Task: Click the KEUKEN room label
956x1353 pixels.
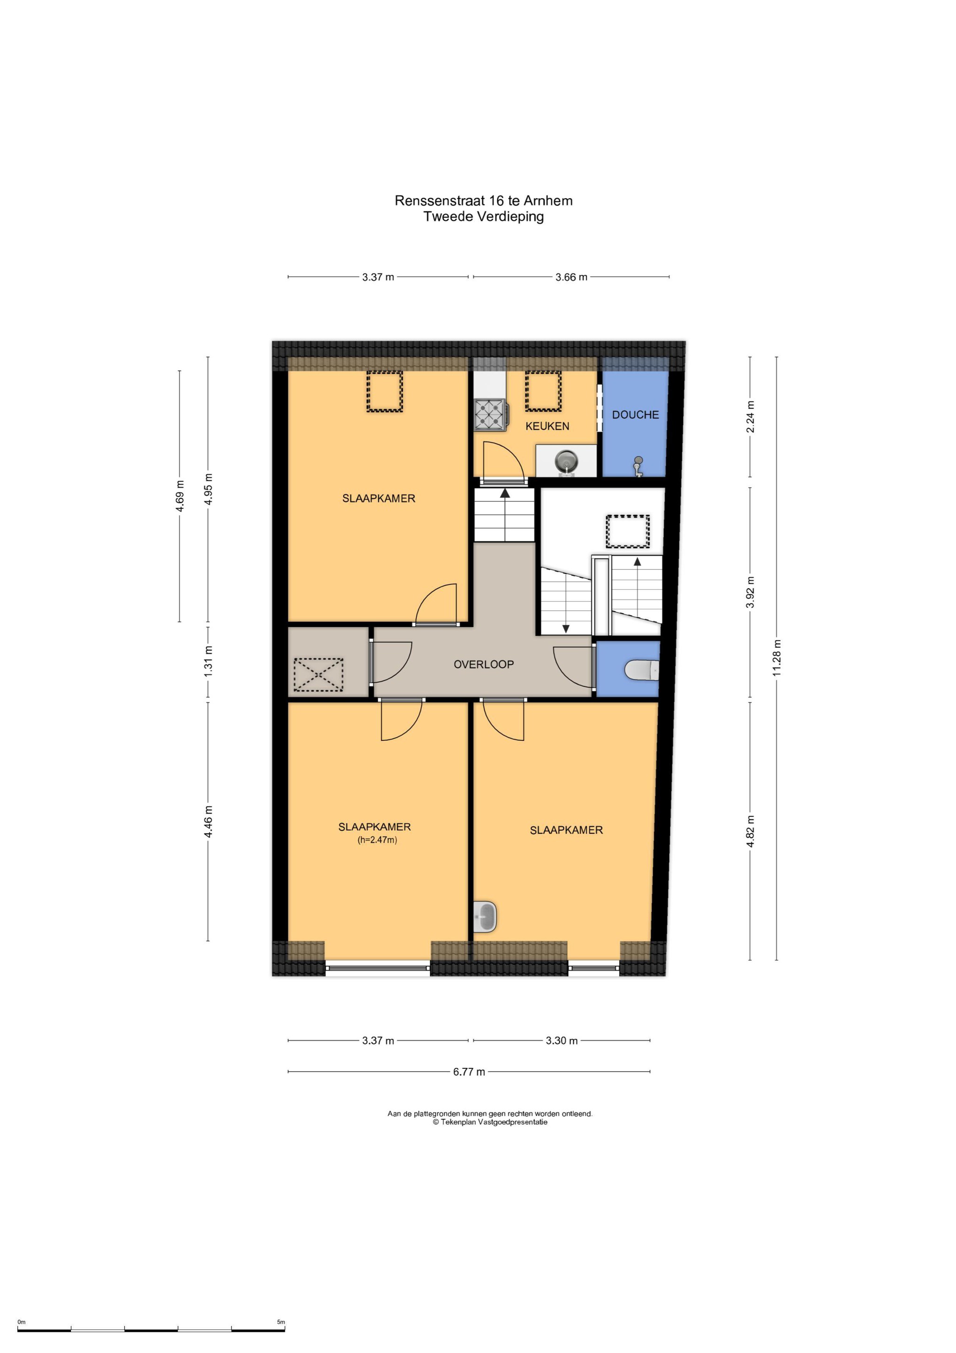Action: pyautogui.click(x=547, y=426)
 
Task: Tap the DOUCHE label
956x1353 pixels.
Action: pyautogui.click(x=635, y=415)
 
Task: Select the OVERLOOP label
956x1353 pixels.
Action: pyautogui.click(x=484, y=664)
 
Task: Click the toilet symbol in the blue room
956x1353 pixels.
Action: pyautogui.click(x=641, y=669)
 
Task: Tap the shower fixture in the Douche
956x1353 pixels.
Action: pyautogui.click(x=638, y=467)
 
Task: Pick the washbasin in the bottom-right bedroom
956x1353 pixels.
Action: pyautogui.click(x=486, y=917)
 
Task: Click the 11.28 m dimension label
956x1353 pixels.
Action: pyautogui.click(x=776, y=658)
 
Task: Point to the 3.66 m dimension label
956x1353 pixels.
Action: pyautogui.click(x=571, y=277)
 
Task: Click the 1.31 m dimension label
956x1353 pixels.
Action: pyautogui.click(x=208, y=661)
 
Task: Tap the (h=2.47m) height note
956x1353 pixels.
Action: pyautogui.click(x=378, y=840)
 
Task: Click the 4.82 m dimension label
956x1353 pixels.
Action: pyautogui.click(x=750, y=832)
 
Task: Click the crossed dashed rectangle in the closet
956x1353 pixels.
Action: pyautogui.click(x=319, y=675)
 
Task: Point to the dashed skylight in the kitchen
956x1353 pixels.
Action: pyautogui.click(x=543, y=391)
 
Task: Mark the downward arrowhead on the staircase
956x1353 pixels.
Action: pyautogui.click(x=566, y=629)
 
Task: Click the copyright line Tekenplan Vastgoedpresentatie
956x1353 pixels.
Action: pyautogui.click(x=490, y=1122)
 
